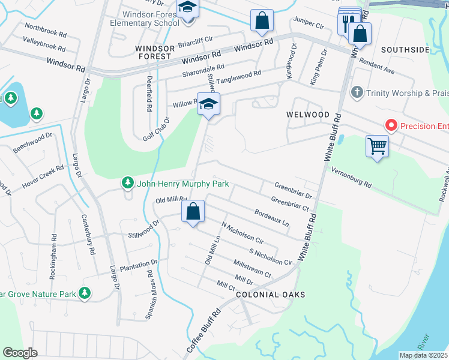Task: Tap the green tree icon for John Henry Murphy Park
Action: [127, 182]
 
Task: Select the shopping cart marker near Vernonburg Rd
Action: [377, 146]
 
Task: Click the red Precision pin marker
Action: [391, 125]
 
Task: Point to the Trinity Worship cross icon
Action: [357, 92]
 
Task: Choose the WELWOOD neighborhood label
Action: [308, 115]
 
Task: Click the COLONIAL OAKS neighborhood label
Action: [271, 295]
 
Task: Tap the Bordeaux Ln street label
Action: [272, 217]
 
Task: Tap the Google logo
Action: [20, 352]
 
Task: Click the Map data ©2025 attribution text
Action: [423, 355]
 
